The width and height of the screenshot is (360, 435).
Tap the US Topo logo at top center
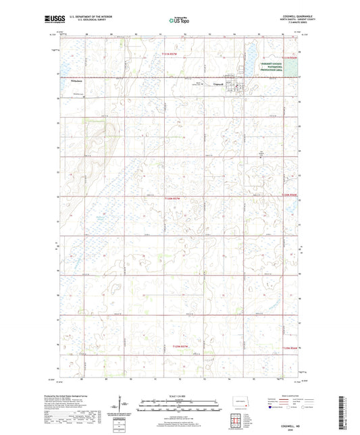[x=178, y=21]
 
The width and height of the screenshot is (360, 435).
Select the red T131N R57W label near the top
[x=173, y=54]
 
